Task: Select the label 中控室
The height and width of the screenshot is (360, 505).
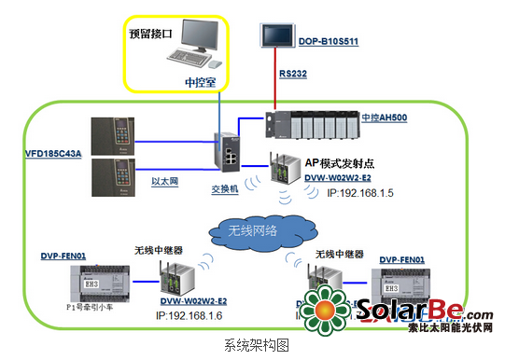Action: point(200,82)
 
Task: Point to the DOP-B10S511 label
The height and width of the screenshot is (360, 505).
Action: point(328,42)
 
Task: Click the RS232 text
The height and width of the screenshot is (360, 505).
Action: point(293,72)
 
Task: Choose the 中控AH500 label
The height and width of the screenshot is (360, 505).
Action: point(383,118)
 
